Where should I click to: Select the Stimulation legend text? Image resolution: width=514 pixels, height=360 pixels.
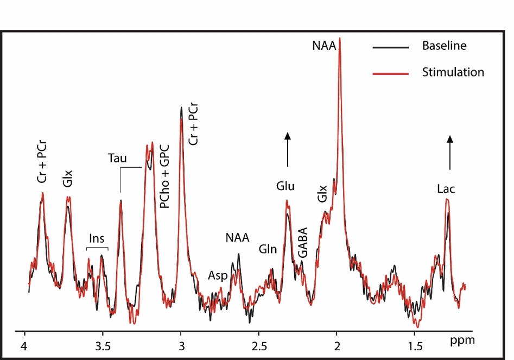pyautogui.click(x=453, y=72)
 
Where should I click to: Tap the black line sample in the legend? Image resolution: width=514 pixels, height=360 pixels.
pyautogui.click(x=390, y=47)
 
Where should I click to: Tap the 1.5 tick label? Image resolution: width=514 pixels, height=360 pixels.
pyautogui.click(x=415, y=346)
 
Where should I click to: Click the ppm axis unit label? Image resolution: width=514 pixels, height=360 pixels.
pyautogui.click(x=462, y=342)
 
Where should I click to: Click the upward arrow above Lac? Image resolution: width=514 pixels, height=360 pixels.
pyautogui.click(x=449, y=149)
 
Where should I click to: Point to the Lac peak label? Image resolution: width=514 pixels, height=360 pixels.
pyautogui.click(x=446, y=189)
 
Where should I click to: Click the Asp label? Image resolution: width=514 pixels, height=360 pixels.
pyautogui.click(x=218, y=275)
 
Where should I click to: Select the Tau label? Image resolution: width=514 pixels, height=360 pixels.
pyautogui.click(x=117, y=159)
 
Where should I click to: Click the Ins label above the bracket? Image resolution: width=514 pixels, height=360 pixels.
pyautogui.click(x=97, y=238)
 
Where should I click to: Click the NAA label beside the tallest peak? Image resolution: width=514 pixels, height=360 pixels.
pyautogui.click(x=325, y=47)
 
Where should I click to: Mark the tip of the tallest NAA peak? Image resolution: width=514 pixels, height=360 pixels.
pyautogui.click(x=340, y=39)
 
